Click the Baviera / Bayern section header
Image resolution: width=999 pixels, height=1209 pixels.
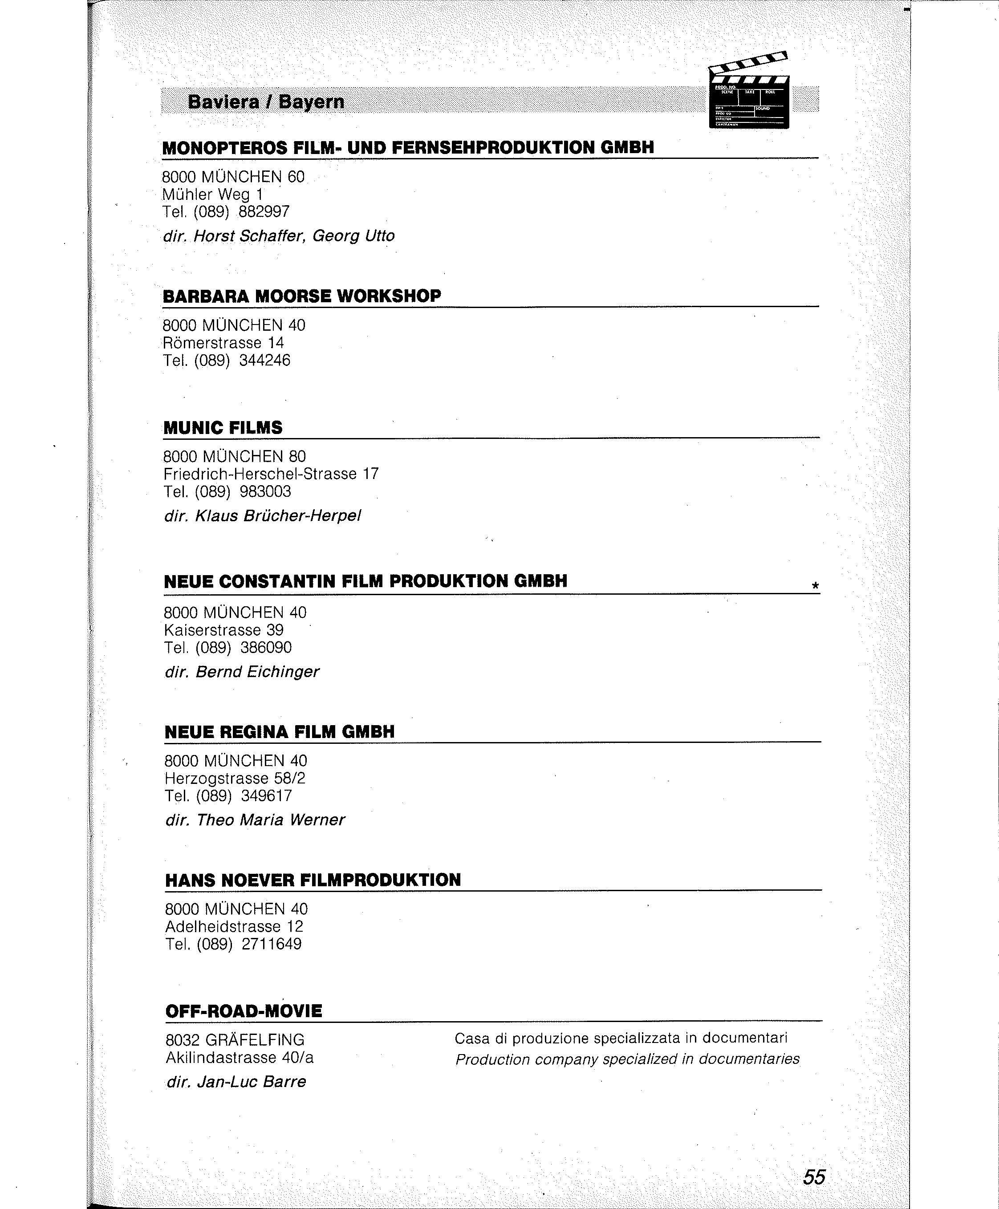(266, 102)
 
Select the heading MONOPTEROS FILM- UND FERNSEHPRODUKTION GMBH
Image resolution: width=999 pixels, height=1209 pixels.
(408, 147)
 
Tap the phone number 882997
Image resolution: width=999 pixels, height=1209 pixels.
(264, 212)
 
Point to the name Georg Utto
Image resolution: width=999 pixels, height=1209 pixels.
(353, 236)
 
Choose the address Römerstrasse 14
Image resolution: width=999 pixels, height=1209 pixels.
(223, 343)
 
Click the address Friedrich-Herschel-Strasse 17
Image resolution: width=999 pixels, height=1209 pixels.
(271, 474)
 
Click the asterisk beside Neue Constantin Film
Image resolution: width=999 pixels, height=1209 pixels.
(814, 586)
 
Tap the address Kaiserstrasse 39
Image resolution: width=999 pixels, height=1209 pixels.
(224, 630)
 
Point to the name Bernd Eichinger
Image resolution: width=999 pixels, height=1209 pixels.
(257, 672)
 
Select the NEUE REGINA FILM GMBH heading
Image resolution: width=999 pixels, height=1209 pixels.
(280, 731)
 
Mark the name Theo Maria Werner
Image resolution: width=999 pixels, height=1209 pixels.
(271, 820)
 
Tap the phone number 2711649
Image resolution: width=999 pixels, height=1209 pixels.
(272, 944)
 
